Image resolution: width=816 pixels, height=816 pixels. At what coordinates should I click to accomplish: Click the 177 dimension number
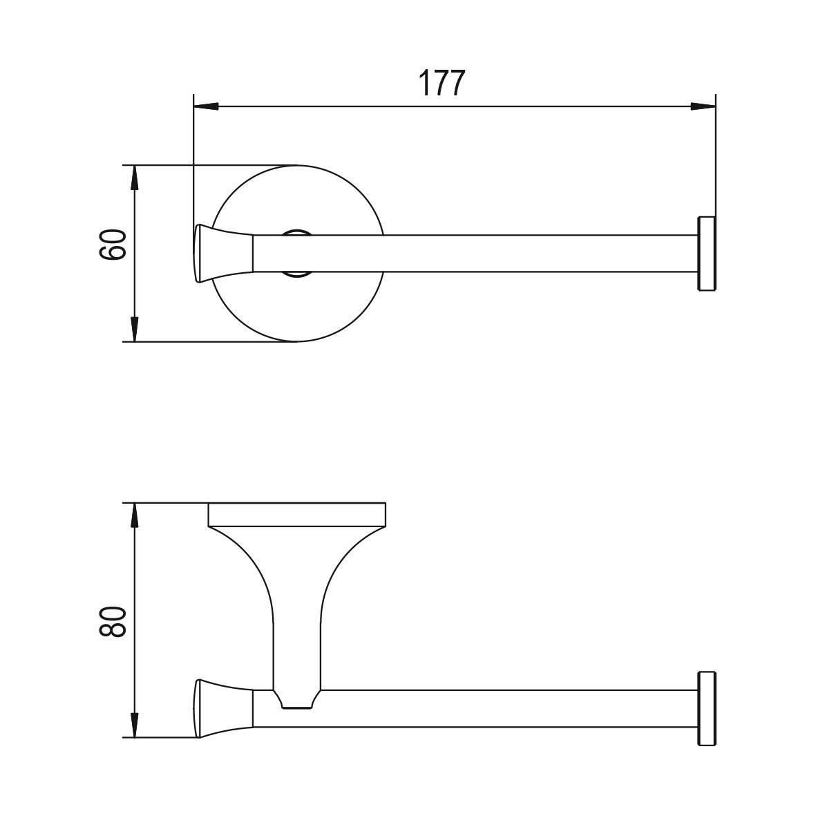[441, 84]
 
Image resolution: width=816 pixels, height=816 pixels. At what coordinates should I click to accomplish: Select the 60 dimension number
[113, 245]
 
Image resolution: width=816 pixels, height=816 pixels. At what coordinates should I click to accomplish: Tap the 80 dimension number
[113, 621]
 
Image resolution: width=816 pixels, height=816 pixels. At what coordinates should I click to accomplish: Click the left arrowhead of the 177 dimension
[205, 106]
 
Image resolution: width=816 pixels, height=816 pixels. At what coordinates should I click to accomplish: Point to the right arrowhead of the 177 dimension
[703, 106]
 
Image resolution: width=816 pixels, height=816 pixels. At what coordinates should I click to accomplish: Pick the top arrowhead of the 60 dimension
[135, 178]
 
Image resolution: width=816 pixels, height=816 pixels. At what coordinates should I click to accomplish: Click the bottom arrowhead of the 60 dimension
[135, 330]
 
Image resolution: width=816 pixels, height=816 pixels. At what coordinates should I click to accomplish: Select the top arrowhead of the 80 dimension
[135, 515]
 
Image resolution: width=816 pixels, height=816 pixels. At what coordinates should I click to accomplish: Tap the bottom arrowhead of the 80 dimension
[135, 725]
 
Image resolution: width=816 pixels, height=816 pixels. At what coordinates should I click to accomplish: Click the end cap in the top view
[707, 254]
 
